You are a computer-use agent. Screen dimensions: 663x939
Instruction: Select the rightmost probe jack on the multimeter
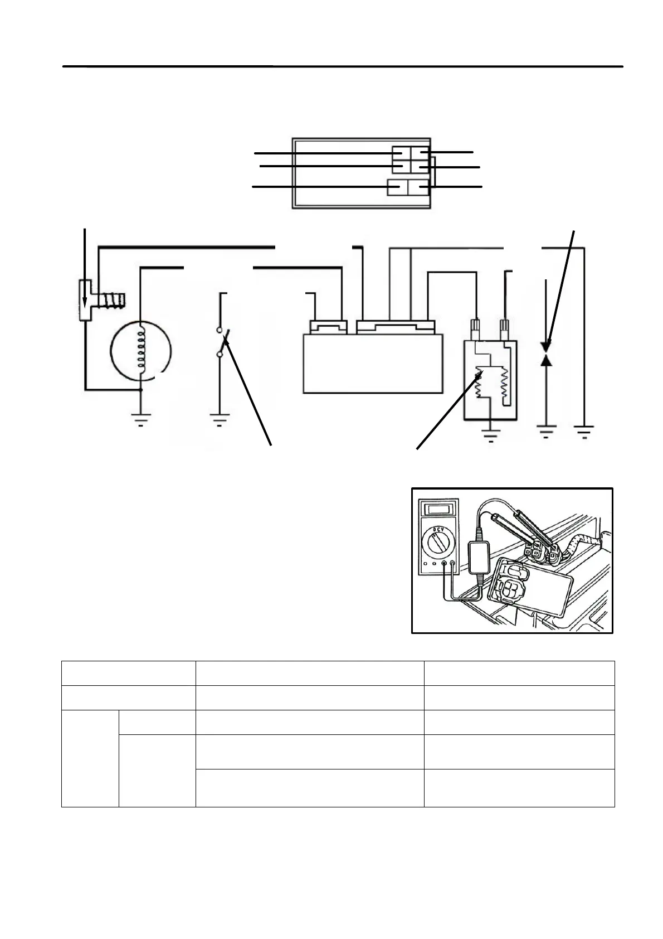tap(452, 563)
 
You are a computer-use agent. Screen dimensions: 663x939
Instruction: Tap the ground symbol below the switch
tap(221, 419)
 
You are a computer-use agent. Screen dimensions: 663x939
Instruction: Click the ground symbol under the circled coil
tap(141, 419)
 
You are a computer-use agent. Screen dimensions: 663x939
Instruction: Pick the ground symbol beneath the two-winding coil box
tap(490, 434)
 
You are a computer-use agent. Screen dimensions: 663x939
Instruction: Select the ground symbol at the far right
tap(584, 432)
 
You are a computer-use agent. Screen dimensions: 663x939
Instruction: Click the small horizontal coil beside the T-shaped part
tap(112, 301)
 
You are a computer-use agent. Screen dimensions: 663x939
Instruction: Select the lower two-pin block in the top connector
tap(408, 188)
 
